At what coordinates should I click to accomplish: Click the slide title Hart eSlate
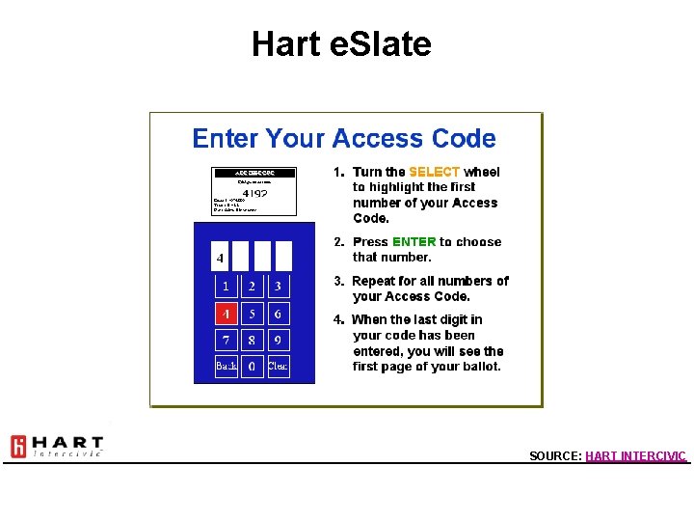click(x=341, y=43)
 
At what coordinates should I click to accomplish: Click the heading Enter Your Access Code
click(x=344, y=139)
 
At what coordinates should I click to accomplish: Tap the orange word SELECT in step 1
click(x=434, y=172)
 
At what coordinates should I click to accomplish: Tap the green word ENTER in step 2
click(x=414, y=242)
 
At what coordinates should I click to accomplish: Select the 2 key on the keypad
click(x=252, y=287)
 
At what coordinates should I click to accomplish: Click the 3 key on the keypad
click(x=278, y=287)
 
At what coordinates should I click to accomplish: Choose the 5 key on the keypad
click(x=252, y=314)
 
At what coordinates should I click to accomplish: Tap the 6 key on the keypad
click(x=278, y=314)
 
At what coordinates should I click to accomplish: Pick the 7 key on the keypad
click(x=226, y=341)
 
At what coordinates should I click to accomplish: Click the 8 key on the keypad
click(x=252, y=341)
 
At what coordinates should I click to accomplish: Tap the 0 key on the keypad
click(x=252, y=367)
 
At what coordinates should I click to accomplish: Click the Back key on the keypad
click(x=226, y=367)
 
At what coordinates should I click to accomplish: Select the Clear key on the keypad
click(x=278, y=367)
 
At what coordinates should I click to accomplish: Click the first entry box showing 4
click(x=221, y=257)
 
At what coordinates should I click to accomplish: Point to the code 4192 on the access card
click(x=254, y=193)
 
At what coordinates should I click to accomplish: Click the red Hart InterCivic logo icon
click(x=18, y=447)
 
